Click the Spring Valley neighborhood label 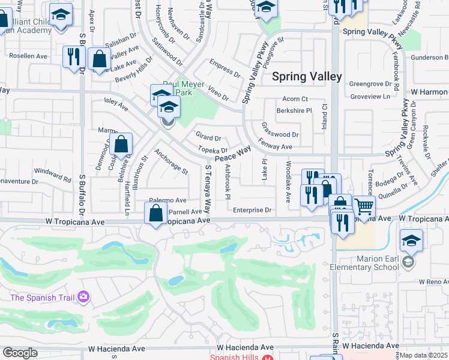[x=307, y=76]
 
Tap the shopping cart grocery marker [x=364, y=207]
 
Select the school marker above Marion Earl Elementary [x=411, y=241]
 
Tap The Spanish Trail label [x=41, y=296]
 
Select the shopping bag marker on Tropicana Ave [x=156, y=213]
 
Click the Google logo [x=20, y=353]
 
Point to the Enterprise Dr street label [x=253, y=211]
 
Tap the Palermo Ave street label [x=168, y=200]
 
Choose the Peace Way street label [x=232, y=154]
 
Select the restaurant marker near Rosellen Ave [x=73, y=57]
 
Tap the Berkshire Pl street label [x=294, y=111]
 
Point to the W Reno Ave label [x=429, y=281]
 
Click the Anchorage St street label [x=171, y=161]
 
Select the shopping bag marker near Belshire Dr [x=121, y=145]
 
